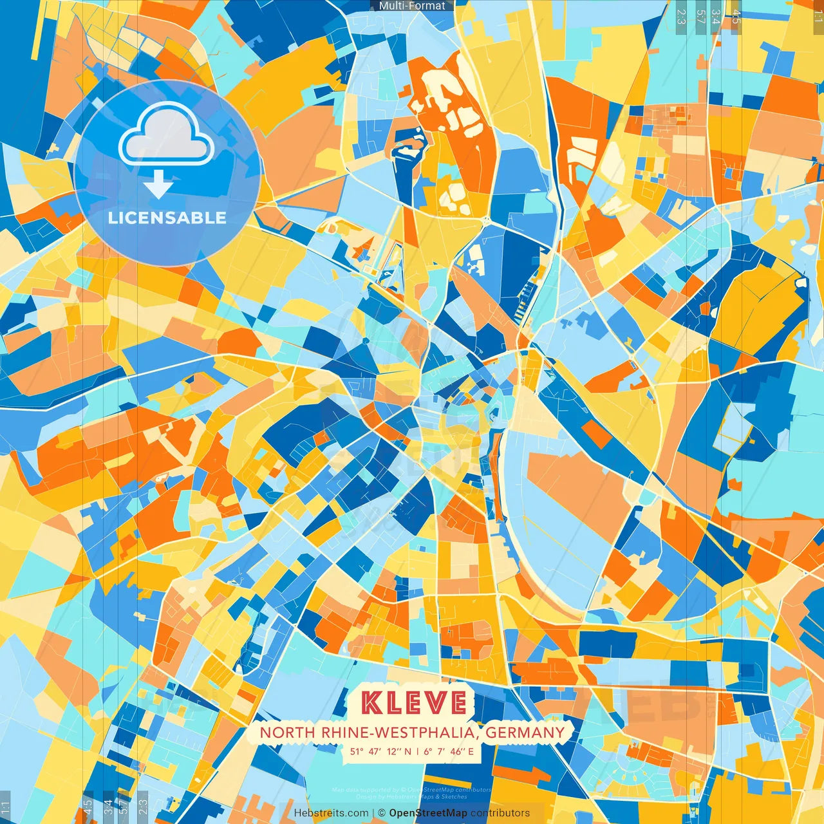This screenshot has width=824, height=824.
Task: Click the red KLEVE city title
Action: [414, 702]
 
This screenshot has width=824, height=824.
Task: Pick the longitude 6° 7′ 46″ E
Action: [449, 751]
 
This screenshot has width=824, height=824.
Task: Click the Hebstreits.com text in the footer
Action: [331, 813]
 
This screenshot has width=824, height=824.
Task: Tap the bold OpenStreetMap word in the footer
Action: [428, 813]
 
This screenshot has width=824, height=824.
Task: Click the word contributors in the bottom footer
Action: [500, 813]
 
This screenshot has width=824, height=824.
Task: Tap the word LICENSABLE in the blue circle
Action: [167, 218]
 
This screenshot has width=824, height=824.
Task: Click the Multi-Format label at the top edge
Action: [412, 6]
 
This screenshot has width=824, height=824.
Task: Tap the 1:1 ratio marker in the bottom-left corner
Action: [6, 807]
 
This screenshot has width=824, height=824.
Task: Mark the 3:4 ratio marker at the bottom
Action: [108, 807]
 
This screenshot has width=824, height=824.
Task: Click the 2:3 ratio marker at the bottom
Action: [143, 807]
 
